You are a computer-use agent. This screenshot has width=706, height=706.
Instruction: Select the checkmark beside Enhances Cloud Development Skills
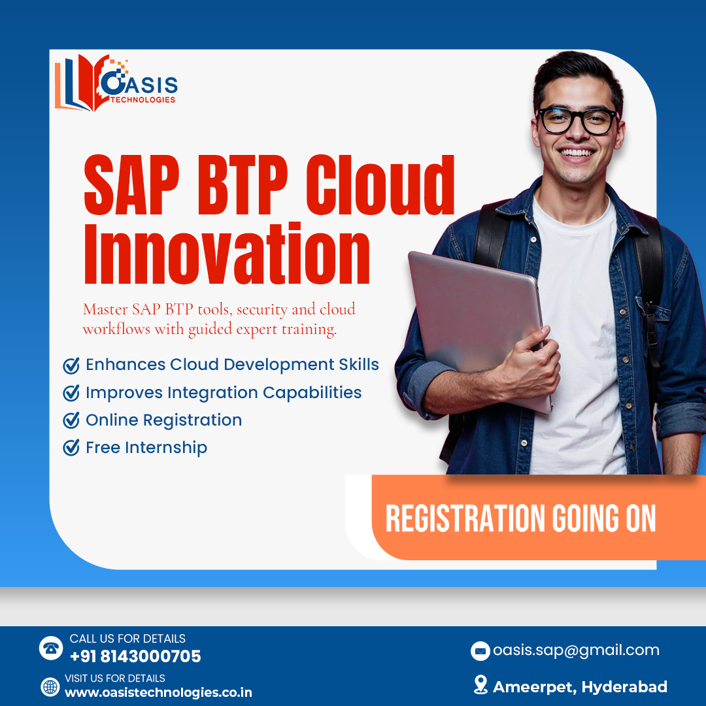[71, 365]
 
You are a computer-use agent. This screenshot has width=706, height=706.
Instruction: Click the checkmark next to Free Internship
[71, 448]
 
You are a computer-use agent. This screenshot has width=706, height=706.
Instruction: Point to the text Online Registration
[163, 420]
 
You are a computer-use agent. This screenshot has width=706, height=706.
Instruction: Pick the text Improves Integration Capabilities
[224, 393]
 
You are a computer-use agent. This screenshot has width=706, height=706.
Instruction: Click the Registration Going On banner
[520, 519]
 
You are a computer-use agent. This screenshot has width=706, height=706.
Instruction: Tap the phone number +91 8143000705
[135, 656]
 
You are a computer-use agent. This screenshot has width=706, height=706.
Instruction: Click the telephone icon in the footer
[50, 648]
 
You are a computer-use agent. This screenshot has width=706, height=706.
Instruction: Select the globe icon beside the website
[50, 686]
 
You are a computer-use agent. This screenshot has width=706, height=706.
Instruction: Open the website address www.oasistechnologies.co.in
[158, 692]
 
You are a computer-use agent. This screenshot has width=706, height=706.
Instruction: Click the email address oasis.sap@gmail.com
[576, 650]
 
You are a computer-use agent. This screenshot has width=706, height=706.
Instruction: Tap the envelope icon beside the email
[480, 650]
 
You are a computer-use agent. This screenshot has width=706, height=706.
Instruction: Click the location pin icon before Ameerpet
[480, 684]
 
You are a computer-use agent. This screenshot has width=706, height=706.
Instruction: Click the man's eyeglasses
[577, 121]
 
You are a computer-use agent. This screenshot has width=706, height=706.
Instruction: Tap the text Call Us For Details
[127, 639]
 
